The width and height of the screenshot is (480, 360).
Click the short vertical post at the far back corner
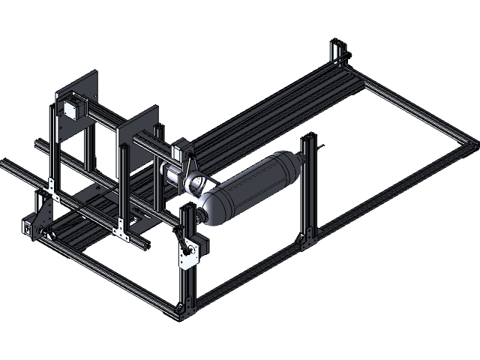click(335, 52)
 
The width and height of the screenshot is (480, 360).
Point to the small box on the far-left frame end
click(28, 229)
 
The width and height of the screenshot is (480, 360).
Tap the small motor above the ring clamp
click(179, 149)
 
